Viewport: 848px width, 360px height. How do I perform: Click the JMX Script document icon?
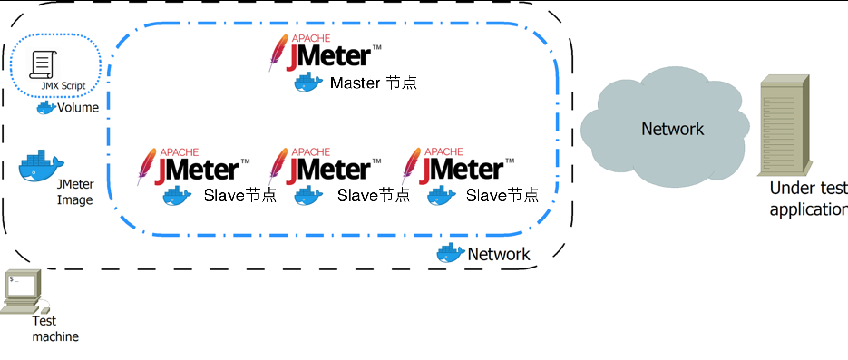point(43,64)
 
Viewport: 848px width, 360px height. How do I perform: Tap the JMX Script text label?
point(63,86)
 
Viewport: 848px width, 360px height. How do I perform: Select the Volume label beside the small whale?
point(78,107)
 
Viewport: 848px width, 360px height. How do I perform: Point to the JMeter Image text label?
point(75,192)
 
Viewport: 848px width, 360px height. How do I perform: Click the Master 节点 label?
point(373,83)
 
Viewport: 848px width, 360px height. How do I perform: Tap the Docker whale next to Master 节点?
point(308,82)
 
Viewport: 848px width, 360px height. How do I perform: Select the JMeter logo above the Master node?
point(325,53)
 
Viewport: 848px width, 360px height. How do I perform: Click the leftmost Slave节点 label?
point(240,195)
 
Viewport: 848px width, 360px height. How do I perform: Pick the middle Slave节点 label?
point(373,195)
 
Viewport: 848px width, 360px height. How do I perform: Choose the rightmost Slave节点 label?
point(502,195)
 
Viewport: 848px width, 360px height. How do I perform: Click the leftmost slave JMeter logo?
point(194,167)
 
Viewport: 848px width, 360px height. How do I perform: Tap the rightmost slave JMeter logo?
point(458,167)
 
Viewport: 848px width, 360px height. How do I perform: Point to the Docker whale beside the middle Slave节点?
point(308,196)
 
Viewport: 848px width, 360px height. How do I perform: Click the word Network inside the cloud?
point(673,129)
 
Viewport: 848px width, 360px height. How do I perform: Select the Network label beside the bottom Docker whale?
point(498,254)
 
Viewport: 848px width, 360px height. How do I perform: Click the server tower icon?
point(784,126)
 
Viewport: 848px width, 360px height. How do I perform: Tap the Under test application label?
point(808,199)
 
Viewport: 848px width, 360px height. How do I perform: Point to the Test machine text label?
point(55,329)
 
